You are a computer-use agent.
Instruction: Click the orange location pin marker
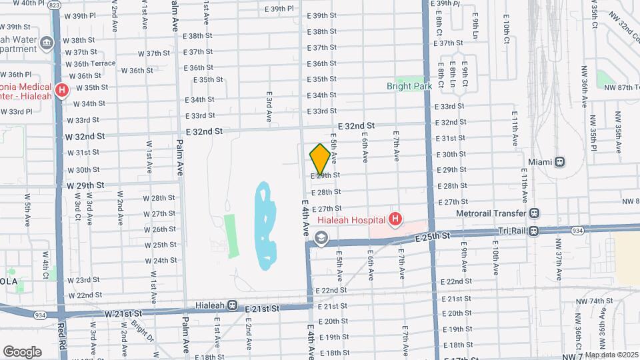click(x=320, y=159)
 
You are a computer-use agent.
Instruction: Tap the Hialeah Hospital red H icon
click(x=395, y=219)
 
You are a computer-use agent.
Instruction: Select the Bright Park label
click(x=409, y=86)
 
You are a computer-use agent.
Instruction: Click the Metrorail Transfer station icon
click(x=534, y=213)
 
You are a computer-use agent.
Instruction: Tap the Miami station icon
click(x=560, y=161)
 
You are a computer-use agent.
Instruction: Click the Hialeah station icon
click(x=233, y=305)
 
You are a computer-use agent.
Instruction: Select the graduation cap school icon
click(x=321, y=238)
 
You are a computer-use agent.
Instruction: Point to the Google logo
click(x=22, y=351)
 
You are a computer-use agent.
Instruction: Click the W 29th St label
click(x=85, y=185)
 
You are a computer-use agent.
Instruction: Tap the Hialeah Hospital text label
click(x=351, y=219)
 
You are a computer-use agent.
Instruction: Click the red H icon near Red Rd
click(x=62, y=89)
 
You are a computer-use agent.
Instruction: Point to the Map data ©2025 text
click(x=610, y=355)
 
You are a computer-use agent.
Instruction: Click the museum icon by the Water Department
click(x=47, y=44)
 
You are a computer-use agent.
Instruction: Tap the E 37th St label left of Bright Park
click(x=321, y=47)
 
